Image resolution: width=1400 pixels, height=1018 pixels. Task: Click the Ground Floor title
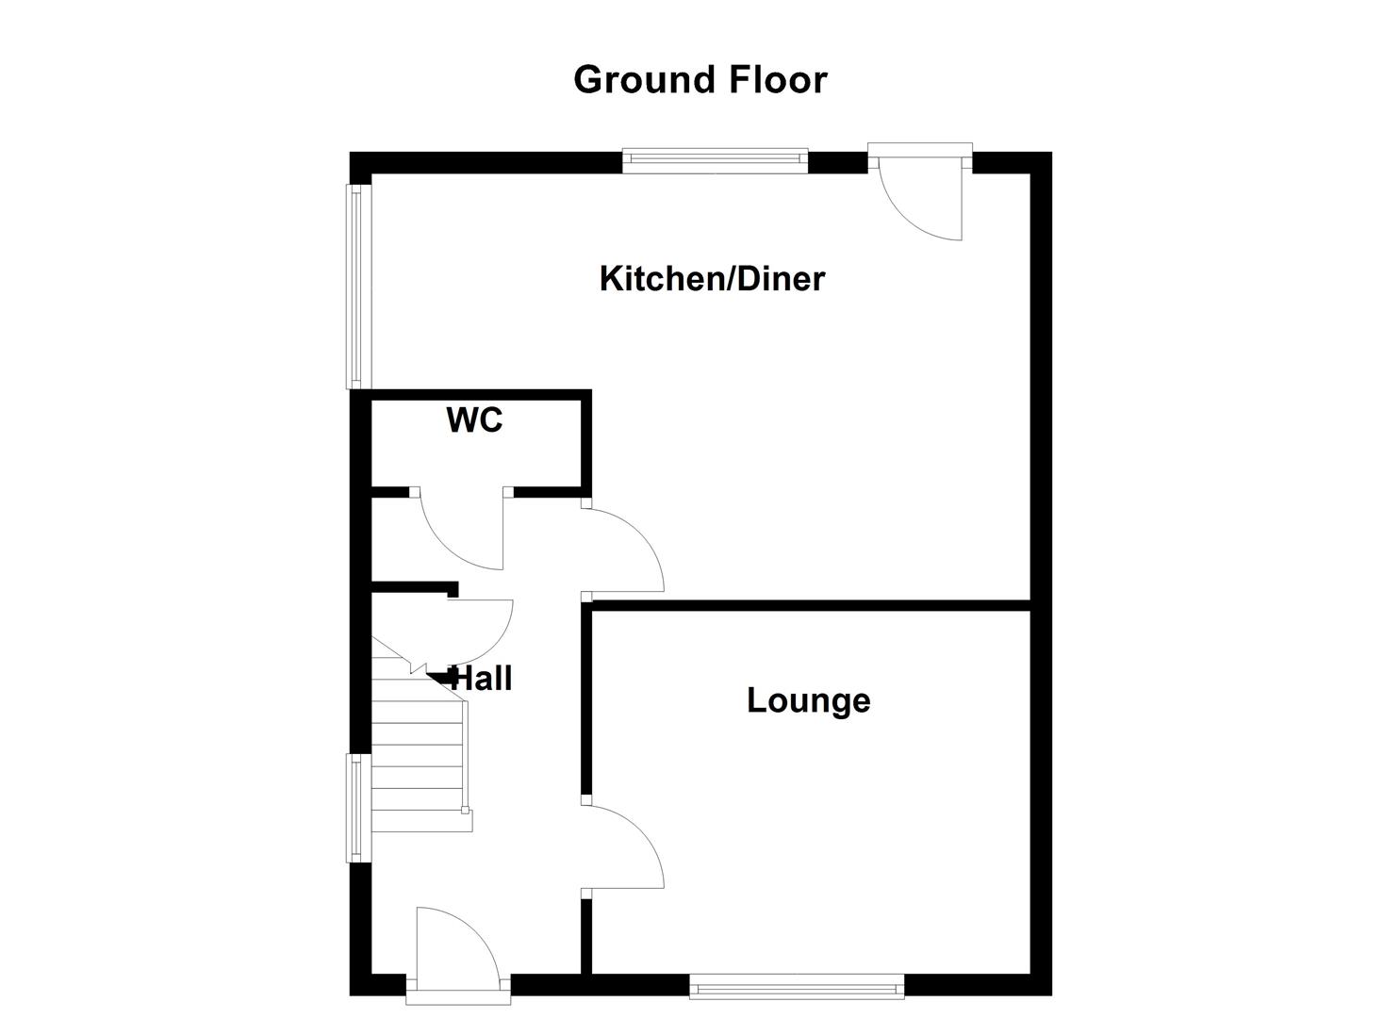coord(700,79)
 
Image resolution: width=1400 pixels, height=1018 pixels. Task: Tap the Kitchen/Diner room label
coord(712,279)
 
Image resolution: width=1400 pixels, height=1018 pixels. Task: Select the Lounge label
coord(808,700)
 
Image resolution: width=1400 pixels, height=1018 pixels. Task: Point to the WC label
coord(474,420)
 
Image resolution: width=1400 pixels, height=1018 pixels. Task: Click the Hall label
coord(482,679)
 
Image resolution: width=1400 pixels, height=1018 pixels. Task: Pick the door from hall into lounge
coord(622,845)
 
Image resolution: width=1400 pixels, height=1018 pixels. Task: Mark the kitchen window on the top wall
coord(715,161)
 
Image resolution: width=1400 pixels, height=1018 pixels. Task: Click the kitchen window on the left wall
coord(355,287)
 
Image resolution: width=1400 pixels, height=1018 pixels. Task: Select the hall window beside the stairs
coord(355,808)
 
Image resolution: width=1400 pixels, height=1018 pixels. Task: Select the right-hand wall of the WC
coord(586,443)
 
